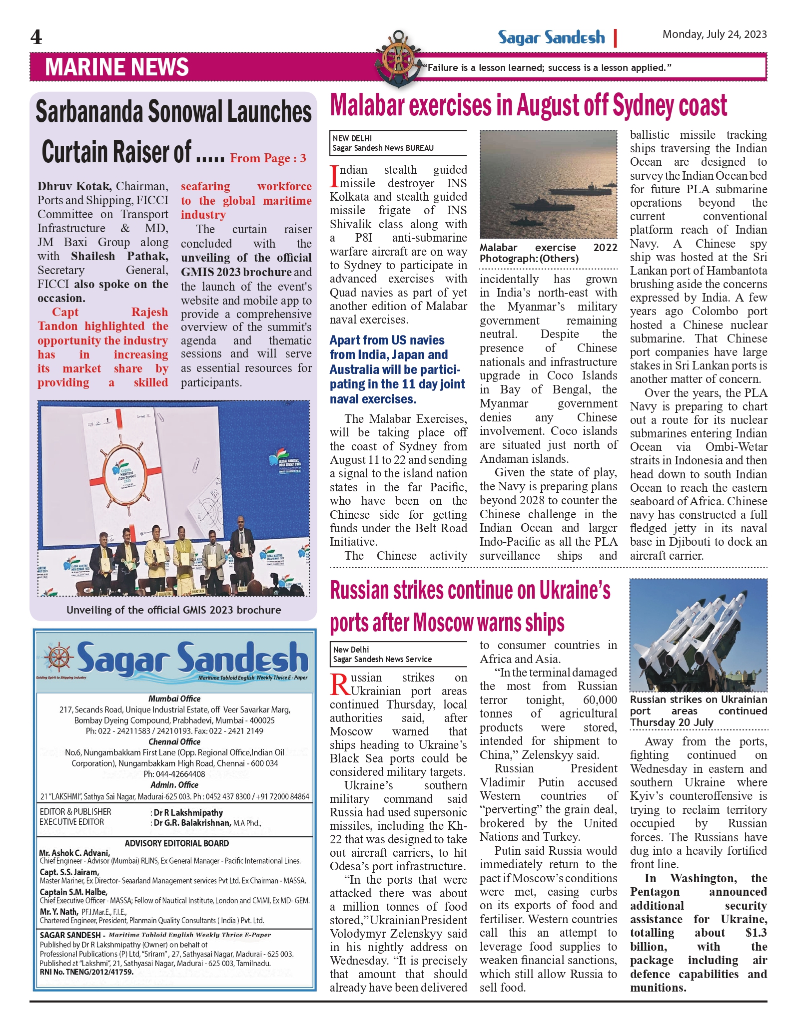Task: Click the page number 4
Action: tap(36, 37)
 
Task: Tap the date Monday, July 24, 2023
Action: tap(714, 34)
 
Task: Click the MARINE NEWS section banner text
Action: tap(117, 67)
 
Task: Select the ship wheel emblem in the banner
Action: tap(398, 59)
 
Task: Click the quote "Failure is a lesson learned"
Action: tap(547, 67)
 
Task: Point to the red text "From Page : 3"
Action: tap(268, 158)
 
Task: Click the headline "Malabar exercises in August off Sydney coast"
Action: tap(528, 105)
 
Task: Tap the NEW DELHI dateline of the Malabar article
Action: tap(352, 138)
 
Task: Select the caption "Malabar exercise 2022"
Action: tap(548, 248)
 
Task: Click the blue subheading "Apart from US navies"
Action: tap(387, 340)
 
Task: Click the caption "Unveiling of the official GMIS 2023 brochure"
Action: tap(173, 610)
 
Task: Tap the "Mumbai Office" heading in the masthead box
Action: tap(174, 698)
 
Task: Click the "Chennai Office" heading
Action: tap(174, 741)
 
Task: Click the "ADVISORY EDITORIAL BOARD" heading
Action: tap(177, 843)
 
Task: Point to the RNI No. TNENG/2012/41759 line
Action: tap(86, 972)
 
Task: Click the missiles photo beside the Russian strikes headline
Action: tap(698, 635)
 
